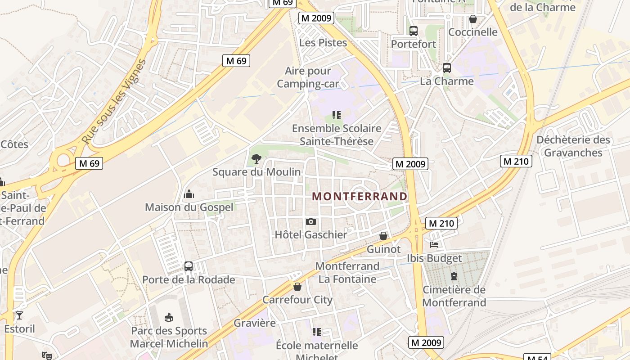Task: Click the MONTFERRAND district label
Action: pos(360,197)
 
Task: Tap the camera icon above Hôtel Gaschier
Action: pos(310,221)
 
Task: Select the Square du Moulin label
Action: pos(256,172)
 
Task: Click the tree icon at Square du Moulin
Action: pos(256,158)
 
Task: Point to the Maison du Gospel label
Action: pos(189,207)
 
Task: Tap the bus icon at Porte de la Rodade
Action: pos(189,266)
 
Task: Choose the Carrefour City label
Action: pos(297,300)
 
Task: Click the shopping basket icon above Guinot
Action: pos(383,236)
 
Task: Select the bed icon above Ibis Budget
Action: pos(434,245)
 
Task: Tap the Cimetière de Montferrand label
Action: pos(454,296)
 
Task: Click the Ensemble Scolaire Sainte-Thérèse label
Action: pos(337,135)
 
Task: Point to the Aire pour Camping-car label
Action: pos(308,77)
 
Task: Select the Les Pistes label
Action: pos(323,43)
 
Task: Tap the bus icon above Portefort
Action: pos(414,31)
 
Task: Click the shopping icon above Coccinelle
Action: pos(473,19)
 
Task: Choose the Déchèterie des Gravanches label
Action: pos(573,146)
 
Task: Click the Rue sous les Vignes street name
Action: pos(114,103)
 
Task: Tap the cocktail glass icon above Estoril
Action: pos(19,315)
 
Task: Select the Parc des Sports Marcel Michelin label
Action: pos(169,337)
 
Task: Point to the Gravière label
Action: pos(255,323)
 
